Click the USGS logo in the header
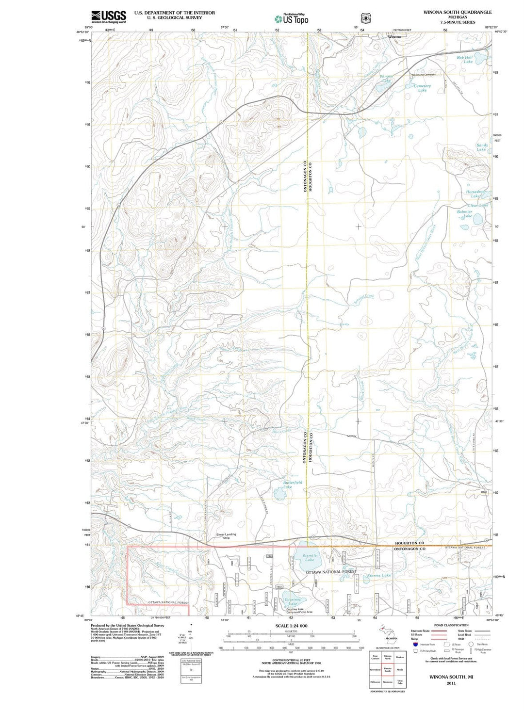point(108,16)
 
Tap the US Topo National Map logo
point(291,19)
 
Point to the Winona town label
point(394,37)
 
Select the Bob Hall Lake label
point(465,59)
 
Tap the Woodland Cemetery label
point(423,75)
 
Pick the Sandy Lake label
point(482,147)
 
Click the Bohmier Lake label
point(464,213)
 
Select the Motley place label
point(352,436)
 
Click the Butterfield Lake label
point(293,484)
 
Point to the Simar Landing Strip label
point(226,536)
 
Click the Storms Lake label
point(379,575)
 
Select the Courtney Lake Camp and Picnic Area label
point(299,610)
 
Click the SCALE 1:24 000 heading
point(291,626)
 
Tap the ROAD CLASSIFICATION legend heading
point(452,625)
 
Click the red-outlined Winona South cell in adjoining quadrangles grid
point(387,670)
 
